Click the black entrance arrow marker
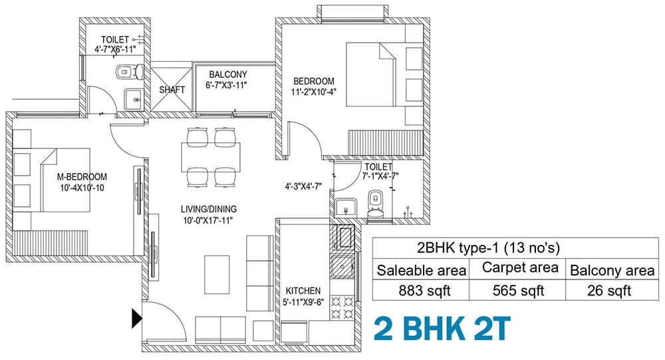point(136,319)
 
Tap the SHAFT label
point(172,90)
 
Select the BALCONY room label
point(227,75)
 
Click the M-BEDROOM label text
point(82,177)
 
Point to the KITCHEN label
point(303,291)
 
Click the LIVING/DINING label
point(209,210)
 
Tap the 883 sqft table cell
point(424,291)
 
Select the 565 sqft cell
point(518,291)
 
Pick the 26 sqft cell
point(609,291)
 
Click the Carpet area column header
point(520,268)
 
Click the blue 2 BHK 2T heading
point(442,329)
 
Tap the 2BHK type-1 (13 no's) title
point(488,248)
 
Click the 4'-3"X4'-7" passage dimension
point(303,186)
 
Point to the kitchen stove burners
point(342,308)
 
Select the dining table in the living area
point(211,157)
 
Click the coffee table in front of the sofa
point(217,275)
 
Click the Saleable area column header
point(421,270)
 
